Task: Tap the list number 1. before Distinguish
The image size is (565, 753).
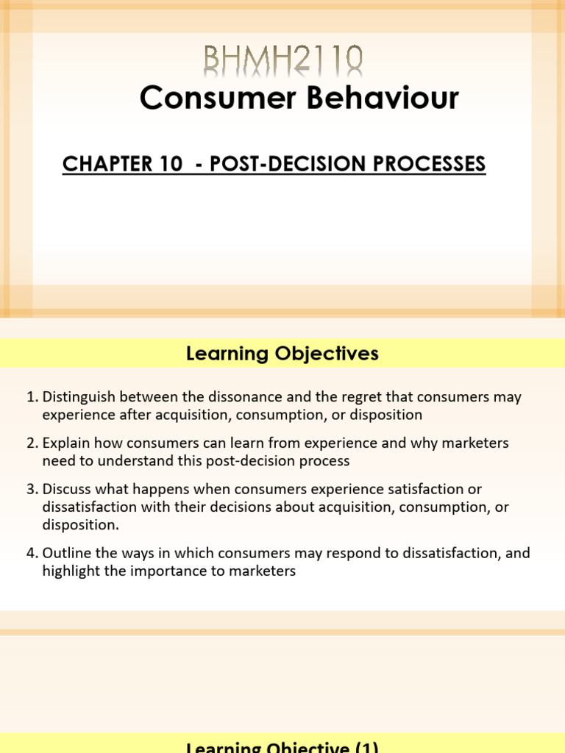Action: [32, 397]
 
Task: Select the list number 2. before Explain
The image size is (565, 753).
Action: [32, 443]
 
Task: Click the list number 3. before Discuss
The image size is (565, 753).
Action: [32, 490]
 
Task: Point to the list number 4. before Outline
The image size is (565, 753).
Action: [32, 553]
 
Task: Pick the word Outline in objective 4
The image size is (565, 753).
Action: [66, 553]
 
